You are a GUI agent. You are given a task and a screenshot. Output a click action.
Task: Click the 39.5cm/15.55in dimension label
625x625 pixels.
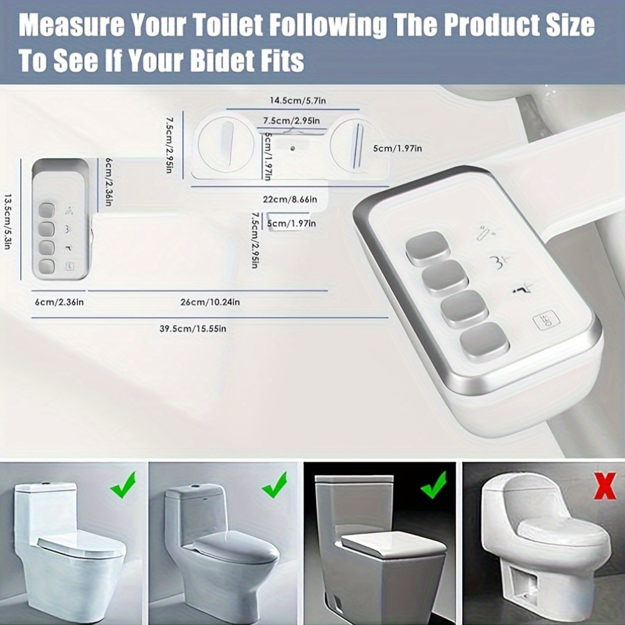point(193,329)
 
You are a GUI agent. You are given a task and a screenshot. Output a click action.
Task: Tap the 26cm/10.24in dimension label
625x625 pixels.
point(210,302)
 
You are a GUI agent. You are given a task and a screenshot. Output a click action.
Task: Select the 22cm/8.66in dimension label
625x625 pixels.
point(290,199)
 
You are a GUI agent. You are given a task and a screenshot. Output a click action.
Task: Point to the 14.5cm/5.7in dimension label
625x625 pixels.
point(298,101)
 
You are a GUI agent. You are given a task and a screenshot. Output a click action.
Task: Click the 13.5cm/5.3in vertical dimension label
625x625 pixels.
point(7,222)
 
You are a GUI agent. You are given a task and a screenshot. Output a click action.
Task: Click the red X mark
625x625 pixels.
point(605,486)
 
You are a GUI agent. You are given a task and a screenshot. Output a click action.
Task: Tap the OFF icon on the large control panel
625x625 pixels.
point(546,320)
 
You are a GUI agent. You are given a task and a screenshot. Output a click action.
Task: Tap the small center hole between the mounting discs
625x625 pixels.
point(293,149)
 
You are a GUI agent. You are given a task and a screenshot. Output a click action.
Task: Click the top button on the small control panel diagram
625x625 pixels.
point(46,210)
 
